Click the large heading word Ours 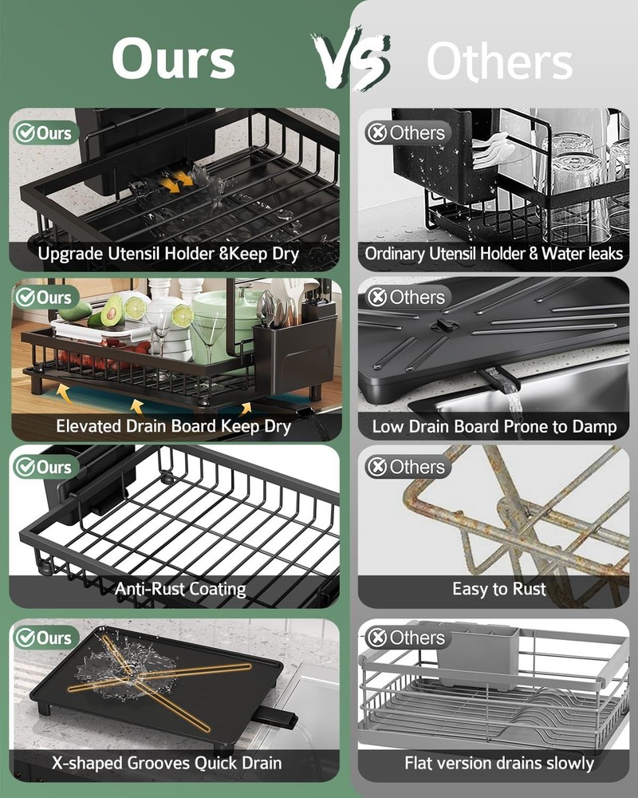coord(173,59)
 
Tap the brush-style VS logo coord(351,60)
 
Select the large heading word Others coord(499,62)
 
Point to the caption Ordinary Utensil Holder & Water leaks coord(494,255)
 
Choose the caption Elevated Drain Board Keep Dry coord(173,426)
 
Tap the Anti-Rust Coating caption coord(180,590)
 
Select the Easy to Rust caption coord(499,590)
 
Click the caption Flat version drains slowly coord(499,763)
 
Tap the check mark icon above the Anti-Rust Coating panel coord(26,466)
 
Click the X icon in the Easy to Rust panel coord(376,467)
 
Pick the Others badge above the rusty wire coord(407,467)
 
